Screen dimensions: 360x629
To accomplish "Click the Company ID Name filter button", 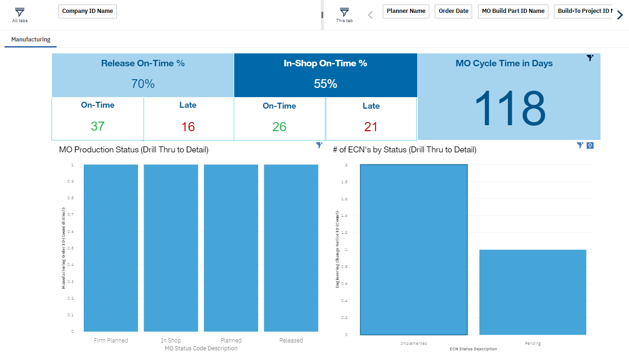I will [87, 12].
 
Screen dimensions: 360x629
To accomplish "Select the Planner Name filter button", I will [406, 12].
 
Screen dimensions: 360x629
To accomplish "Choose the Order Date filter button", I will [453, 12].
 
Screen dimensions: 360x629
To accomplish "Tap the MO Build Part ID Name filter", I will [513, 12].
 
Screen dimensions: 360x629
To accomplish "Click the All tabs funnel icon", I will [20, 13].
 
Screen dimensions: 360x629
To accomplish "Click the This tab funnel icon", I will [344, 13].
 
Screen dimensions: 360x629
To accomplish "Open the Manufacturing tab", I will [31, 40].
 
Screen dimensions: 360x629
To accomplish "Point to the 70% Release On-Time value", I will [143, 84].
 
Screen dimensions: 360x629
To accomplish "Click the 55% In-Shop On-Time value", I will [325, 84].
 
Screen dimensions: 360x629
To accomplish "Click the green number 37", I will [98, 126].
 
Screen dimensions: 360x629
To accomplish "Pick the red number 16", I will [188, 127].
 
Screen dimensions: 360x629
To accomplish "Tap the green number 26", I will [279, 127].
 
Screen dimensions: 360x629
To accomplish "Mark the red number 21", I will [371, 127].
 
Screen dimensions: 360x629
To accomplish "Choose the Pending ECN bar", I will [532, 292].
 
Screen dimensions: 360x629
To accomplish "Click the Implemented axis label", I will [414, 343].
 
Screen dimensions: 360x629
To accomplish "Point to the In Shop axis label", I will [171, 341].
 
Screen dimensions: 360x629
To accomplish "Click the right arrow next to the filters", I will [620, 15].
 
